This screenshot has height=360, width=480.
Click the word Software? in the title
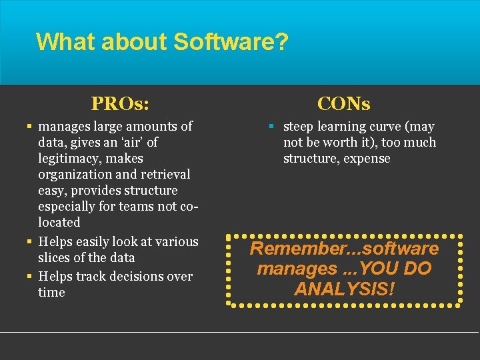[231, 41]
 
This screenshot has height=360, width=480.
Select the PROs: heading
[120, 103]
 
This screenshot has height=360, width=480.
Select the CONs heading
[344, 103]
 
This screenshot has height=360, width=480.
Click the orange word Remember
[283, 249]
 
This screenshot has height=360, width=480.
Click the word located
[59, 222]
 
